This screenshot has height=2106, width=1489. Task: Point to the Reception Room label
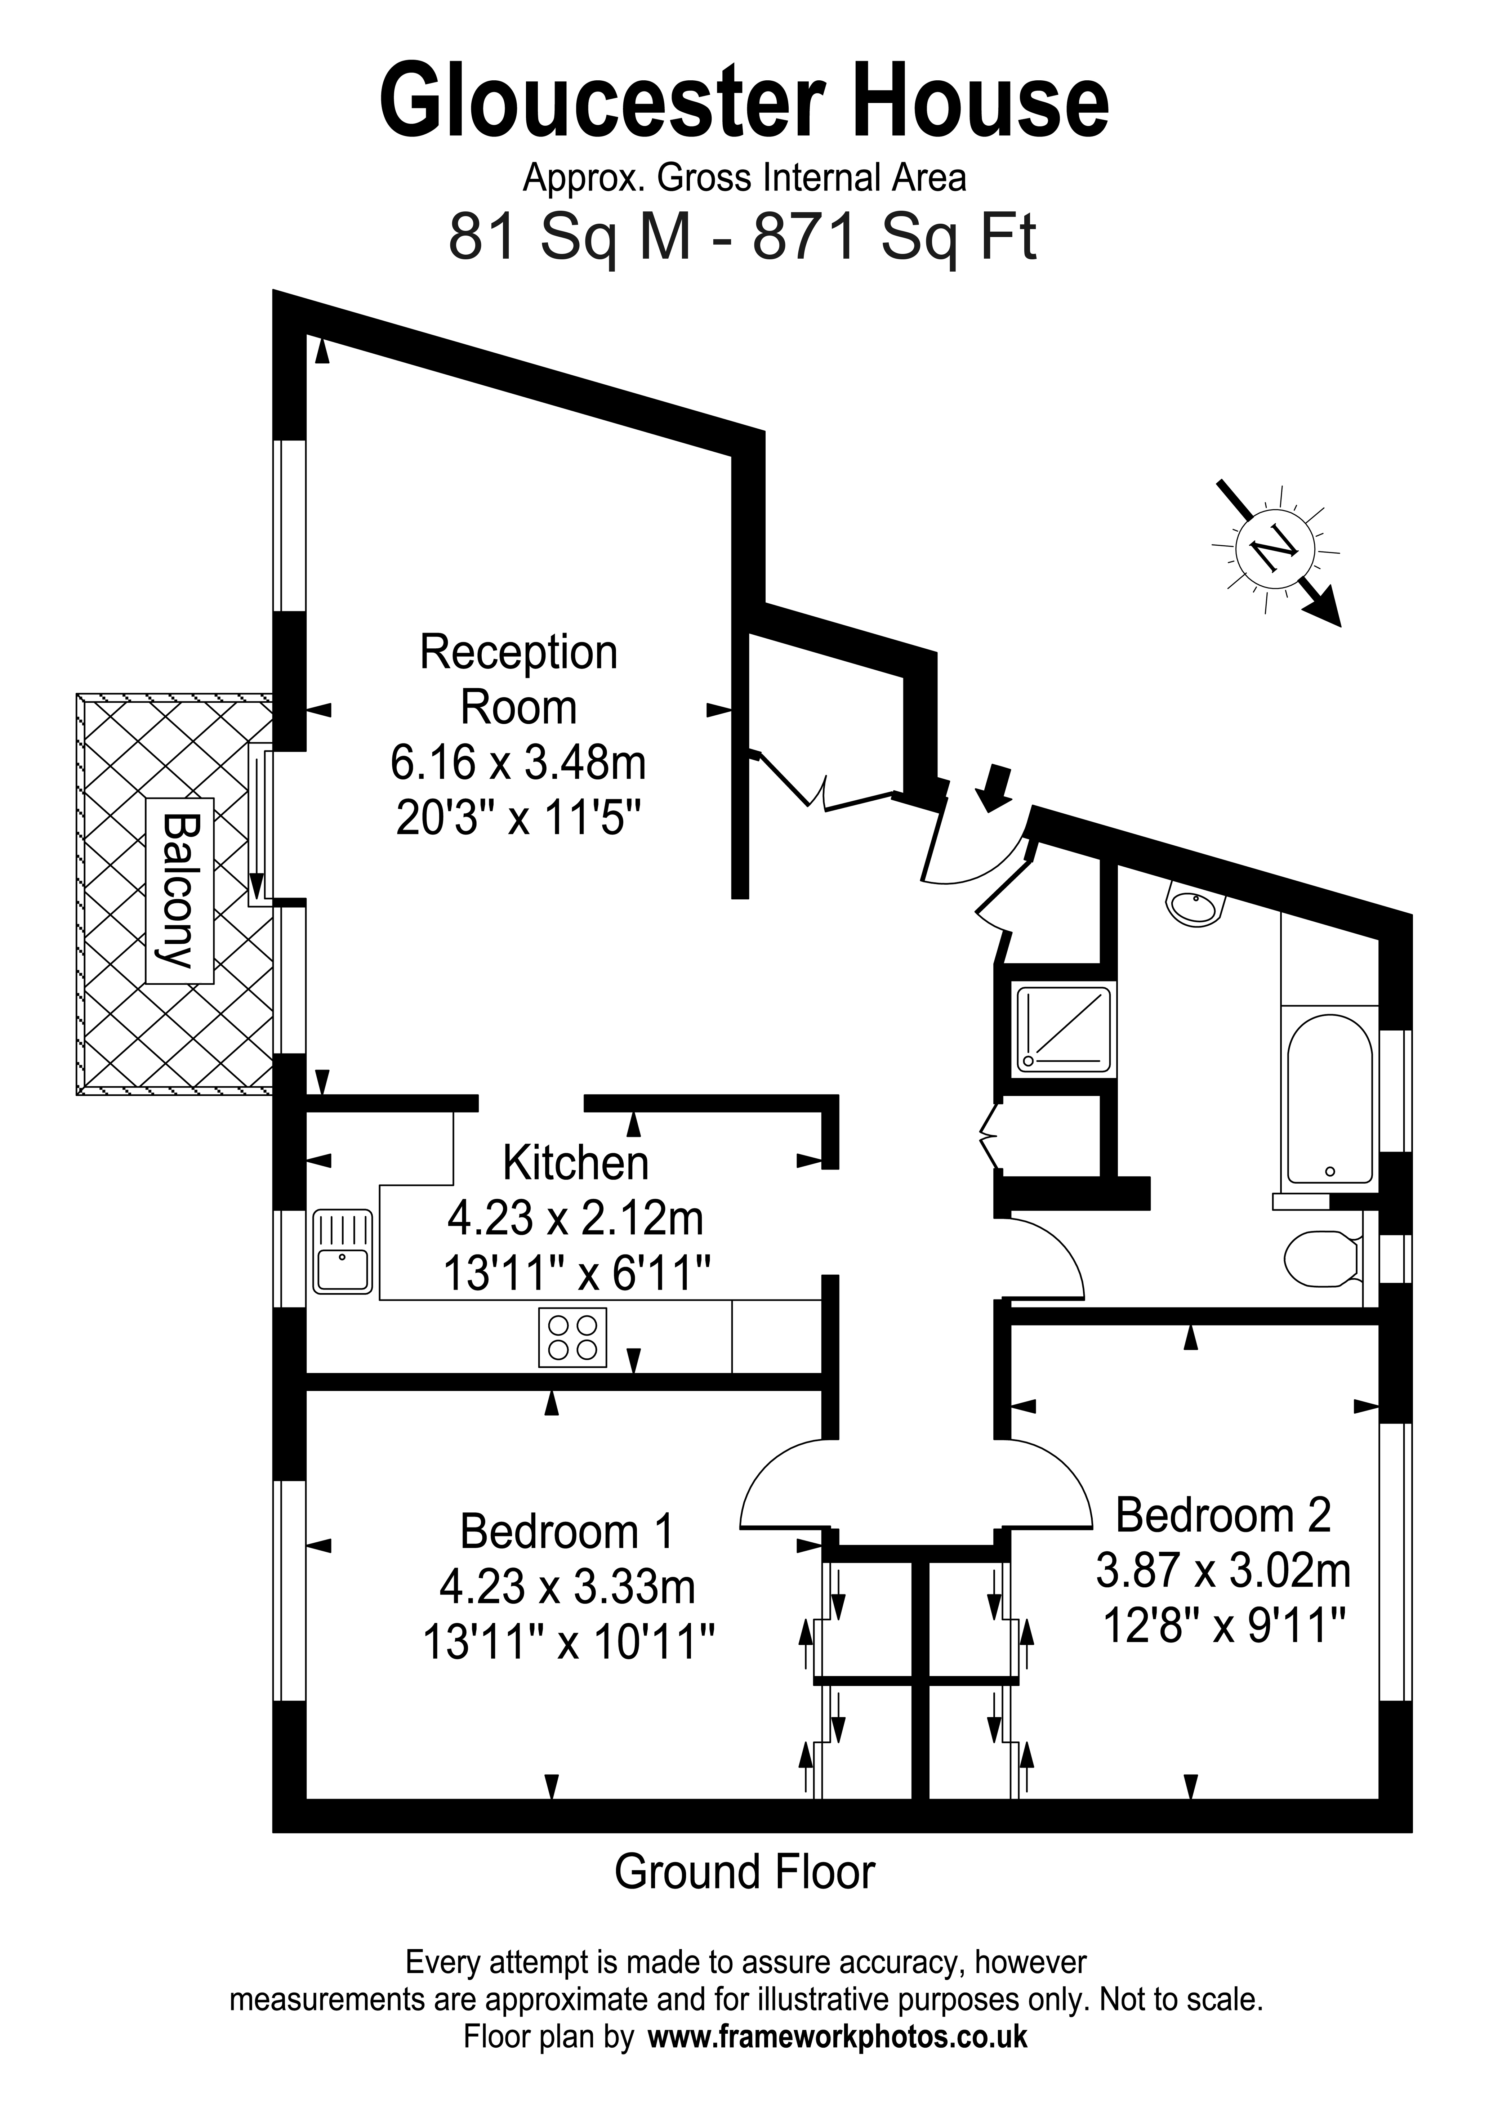pos(518,680)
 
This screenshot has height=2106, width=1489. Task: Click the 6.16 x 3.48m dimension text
pos(518,762)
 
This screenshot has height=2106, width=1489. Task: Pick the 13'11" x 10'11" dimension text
pos(568,1642)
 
